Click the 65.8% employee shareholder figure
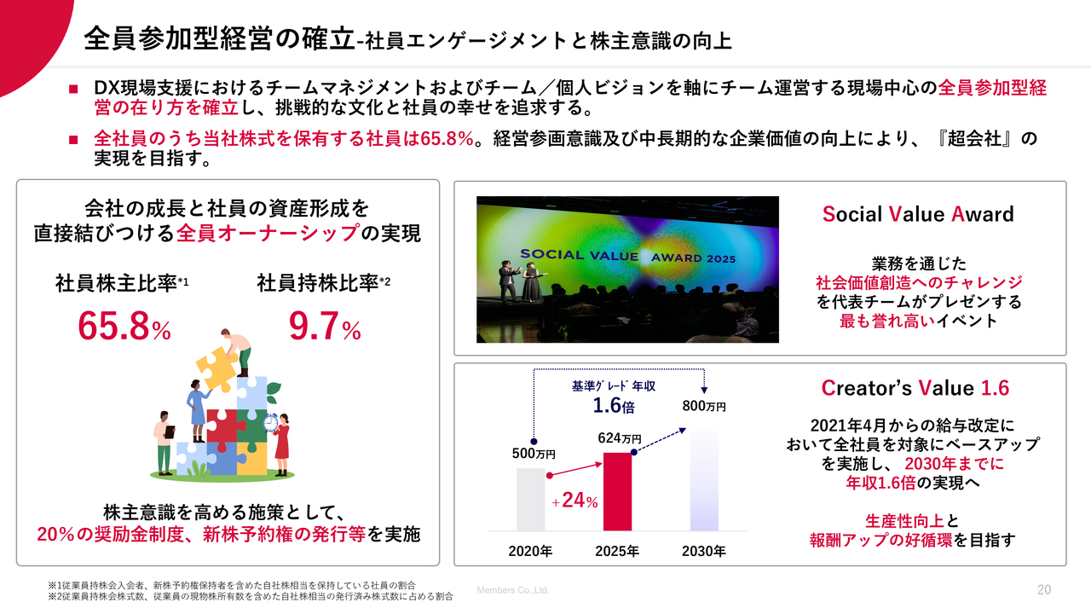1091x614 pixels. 124,326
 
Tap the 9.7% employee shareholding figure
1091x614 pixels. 325,326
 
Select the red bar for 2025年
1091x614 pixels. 617,491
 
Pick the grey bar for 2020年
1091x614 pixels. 530,499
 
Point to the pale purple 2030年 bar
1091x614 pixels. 704,480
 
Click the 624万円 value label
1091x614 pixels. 620,438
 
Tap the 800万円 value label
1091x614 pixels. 704,405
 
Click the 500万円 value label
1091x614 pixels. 534,454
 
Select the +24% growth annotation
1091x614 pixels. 574,501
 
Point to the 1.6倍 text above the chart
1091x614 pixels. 614,405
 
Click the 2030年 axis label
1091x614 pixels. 704,551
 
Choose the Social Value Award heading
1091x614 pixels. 918,214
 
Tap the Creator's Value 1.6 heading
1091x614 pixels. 915,388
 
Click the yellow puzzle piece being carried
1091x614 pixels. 217,369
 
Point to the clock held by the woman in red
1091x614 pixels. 270,423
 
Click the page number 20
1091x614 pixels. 1044,590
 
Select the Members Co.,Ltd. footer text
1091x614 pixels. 513,590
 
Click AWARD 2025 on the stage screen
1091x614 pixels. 693,258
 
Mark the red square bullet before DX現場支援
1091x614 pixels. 73,90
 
